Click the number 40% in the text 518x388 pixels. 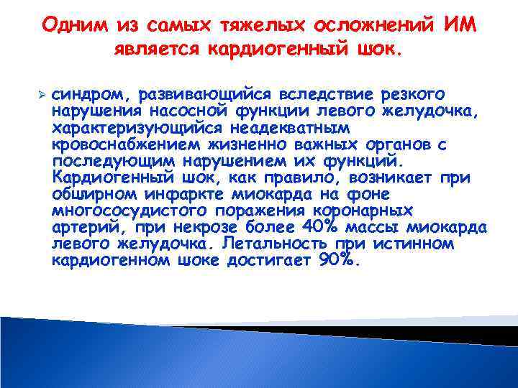(x=320, y=227)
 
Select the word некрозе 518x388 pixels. (x=220, y=227)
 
